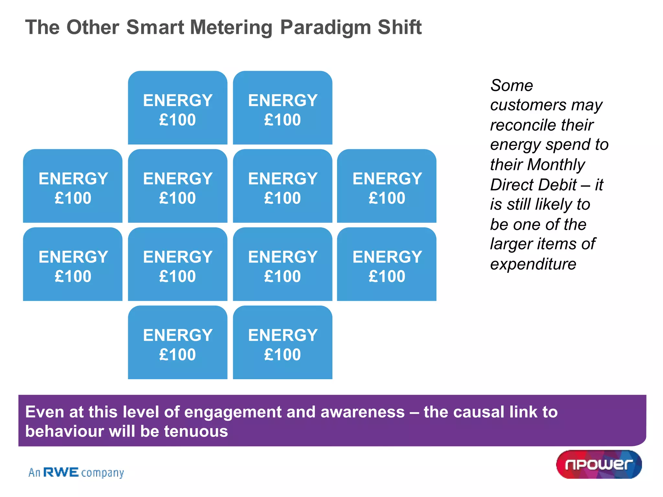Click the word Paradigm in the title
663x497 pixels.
point(325,27)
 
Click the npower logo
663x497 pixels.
point(599,464)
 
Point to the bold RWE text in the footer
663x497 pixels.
point(61,472)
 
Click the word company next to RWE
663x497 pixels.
point(102,473)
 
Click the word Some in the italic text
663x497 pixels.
point(511,86)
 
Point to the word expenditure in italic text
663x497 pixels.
point(533,264)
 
